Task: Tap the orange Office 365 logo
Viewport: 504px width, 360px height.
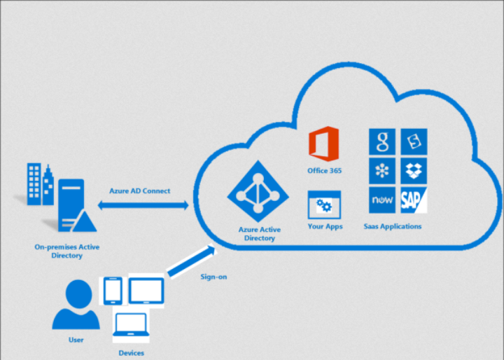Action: point(323,144)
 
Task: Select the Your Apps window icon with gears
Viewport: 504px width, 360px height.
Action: point(323,207)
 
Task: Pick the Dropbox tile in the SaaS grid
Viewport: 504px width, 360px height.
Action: point(413,171)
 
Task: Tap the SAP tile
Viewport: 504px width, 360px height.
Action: point(413,200)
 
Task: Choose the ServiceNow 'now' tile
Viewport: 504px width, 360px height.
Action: point(382,200)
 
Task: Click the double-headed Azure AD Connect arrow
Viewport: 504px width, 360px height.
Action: point(143,205)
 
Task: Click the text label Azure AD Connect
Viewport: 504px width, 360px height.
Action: point(139,191)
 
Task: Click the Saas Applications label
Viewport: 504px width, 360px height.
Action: point(393,226)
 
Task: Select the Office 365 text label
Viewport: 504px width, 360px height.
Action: point(324,170)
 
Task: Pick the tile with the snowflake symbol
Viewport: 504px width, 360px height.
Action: point(382,171)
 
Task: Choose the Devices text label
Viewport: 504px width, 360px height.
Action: point(131,353)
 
